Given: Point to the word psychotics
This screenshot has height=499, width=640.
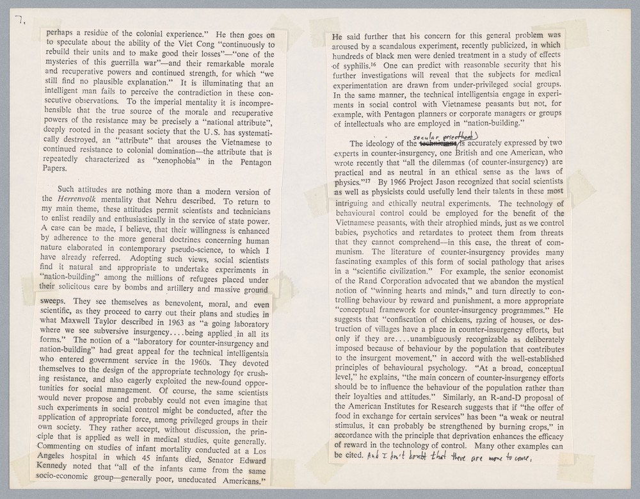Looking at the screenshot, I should click(x=388, y=233).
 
